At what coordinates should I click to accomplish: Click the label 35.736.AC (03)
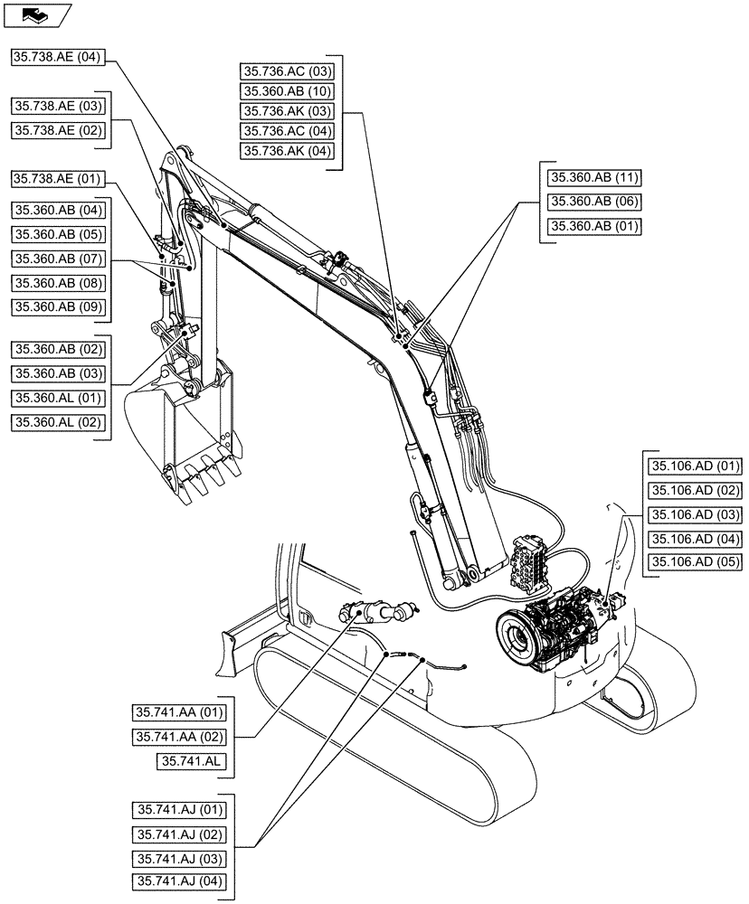(288, 70)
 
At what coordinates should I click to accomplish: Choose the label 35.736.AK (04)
(288, 151)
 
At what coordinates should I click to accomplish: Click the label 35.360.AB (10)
(288, 90)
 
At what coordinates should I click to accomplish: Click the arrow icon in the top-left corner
(35, 14)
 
